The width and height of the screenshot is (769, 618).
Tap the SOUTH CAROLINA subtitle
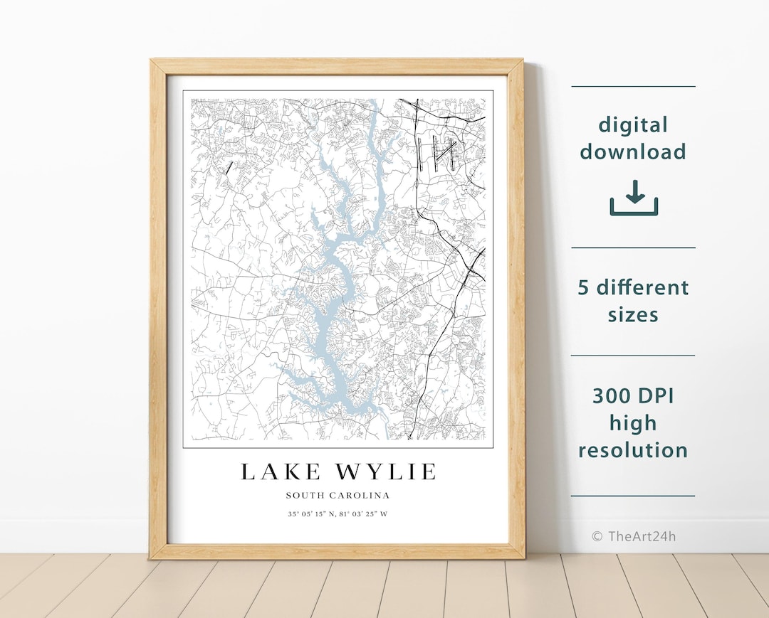338,496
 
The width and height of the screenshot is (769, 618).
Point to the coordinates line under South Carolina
338,513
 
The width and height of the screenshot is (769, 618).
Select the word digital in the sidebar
633,125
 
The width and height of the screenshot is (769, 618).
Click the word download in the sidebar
633,151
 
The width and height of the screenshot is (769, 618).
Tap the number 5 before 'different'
584,287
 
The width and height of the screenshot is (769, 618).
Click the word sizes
633,314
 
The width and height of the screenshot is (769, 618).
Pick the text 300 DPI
633,395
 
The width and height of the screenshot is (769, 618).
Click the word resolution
633,450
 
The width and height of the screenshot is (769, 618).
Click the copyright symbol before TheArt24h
597,536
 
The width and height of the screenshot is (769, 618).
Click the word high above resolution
633,423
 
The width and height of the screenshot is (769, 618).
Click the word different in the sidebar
643,287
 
